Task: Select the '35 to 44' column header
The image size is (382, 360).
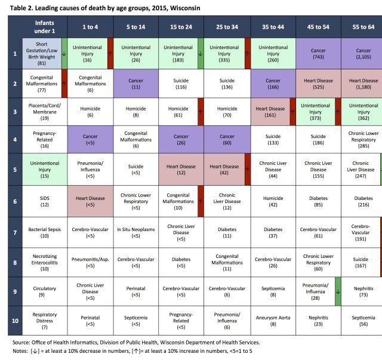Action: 273,27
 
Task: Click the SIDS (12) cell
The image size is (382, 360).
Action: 42,204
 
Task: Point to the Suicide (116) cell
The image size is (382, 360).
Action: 181,84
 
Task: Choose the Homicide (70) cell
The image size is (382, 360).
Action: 227,113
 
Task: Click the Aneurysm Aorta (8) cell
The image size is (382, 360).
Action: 273,321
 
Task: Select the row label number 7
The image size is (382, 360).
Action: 14,233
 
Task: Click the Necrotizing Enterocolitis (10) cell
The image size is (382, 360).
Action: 42,262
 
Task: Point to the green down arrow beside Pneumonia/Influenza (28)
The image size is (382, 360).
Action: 338,291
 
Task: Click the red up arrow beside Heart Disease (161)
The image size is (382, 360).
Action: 293,113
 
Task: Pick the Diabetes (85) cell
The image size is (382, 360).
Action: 318,204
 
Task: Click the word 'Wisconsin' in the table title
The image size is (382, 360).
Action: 183,8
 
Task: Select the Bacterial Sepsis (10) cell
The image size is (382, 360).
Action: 42,233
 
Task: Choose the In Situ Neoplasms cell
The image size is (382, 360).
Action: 136,233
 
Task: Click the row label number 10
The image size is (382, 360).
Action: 14,321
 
